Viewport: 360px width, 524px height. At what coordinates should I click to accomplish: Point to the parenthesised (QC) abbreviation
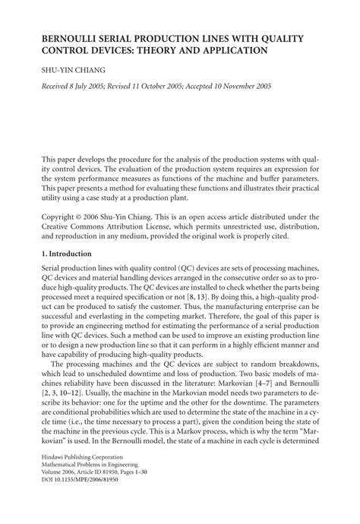click(x=185, y=272)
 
